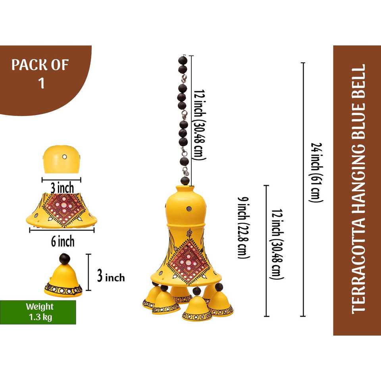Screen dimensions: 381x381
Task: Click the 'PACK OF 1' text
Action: click(40, 73)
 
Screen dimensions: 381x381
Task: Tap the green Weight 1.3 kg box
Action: click(38, 312)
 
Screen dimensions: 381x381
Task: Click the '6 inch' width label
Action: click(62, 241)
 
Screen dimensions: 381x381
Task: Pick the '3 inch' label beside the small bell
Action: click(111, 277)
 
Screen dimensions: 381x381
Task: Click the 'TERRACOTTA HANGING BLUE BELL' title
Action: click(358, 190)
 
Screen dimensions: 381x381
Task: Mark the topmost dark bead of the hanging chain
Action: click(183, 60)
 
